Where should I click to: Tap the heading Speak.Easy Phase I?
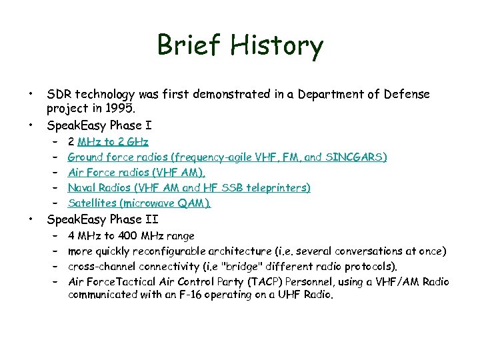pyautogui.click(x=99, y=125)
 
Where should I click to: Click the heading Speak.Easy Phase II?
pyautogui.click(x=103, y=219)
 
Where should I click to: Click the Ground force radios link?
pyautogui.click(x=227, y=157)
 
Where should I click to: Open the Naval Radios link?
pyautogui.click(x=189, y=188)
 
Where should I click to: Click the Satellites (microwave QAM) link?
pyautogui.click(x=139, y=203)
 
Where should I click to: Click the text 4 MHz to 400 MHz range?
pyautogui.click(x=131, y=235)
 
